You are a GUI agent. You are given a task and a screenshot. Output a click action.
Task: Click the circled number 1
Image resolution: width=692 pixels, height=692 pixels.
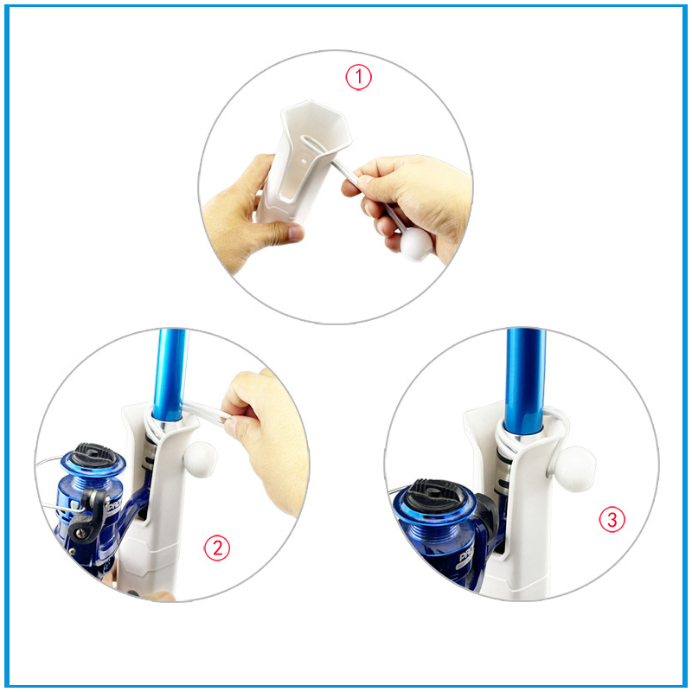[358, 77]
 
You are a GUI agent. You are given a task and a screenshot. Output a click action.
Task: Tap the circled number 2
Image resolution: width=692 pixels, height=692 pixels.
[217, 548]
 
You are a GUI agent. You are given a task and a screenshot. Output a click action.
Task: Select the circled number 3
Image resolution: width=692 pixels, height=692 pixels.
[612, 520]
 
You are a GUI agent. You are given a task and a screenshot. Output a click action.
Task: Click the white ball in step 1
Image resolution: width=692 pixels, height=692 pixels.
[416, 245]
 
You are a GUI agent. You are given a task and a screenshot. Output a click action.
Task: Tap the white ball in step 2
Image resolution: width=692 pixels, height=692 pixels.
[200, 459]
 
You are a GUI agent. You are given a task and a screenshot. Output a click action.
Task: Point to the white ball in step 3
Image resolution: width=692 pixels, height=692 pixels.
[575, 469]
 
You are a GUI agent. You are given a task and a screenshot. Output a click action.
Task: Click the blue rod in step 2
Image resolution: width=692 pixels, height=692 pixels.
[170, 375]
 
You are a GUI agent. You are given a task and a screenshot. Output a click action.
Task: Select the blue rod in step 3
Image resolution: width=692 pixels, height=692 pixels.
[525, 381]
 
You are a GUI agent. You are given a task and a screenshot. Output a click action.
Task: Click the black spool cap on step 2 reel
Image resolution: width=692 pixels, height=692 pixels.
[94, 454]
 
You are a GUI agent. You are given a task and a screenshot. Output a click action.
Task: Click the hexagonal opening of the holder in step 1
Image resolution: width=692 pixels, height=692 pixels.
[314, 126]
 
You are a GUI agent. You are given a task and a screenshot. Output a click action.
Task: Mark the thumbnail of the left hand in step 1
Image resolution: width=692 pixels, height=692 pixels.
[296, 232]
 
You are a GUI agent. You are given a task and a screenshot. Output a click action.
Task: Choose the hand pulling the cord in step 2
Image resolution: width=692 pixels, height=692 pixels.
[265, 437]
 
